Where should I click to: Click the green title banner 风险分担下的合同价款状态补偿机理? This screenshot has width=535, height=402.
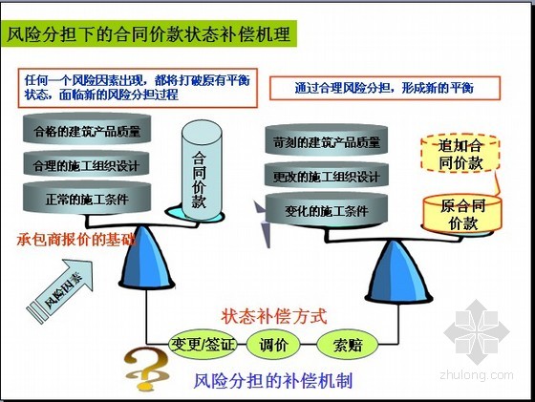[149, 33]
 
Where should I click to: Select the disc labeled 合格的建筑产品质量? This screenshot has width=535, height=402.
[87, 130]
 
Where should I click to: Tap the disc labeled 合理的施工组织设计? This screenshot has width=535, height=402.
[87, 164]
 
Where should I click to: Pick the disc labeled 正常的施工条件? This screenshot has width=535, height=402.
[87, 199]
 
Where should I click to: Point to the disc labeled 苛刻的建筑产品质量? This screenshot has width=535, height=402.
[327, 140]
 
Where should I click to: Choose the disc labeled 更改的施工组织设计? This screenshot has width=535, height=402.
[327, 176]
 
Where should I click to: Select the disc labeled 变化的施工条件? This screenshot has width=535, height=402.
[327, 210]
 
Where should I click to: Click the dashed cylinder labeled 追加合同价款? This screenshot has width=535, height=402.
[460, 154]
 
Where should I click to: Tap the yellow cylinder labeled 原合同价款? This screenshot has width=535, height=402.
[462, 214]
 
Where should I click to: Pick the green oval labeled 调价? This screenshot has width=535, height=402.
[273, 345]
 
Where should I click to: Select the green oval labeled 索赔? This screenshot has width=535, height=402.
[348, 345]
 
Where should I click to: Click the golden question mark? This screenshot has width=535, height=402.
[147, 370]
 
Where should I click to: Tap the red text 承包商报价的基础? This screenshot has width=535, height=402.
[76, 240]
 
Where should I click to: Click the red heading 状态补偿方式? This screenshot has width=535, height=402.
[274, 316]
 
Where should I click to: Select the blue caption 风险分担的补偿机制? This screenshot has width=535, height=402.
[273, 380]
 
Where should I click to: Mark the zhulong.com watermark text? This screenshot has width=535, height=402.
[477, 375]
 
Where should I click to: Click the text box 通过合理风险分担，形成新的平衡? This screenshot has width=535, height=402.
[385, 88]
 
